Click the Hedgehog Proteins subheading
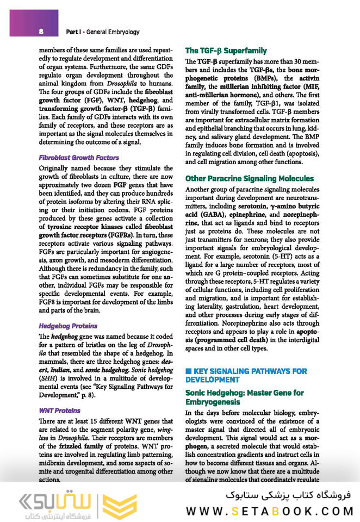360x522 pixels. [x=68, y=326]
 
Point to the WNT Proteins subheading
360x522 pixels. [x=60, y=411]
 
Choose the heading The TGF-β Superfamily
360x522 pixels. [x=226, y=51]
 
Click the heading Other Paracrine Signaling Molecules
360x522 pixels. [x=249, y=178]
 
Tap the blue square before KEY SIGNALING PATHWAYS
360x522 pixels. [x=189, y=371]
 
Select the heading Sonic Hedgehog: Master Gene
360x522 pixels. [x=244, y=397]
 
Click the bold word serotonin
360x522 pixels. [x=253, y=207]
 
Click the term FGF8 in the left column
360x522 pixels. [x=49, y=302]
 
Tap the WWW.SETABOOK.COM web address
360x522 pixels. [x=270, y=511]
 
